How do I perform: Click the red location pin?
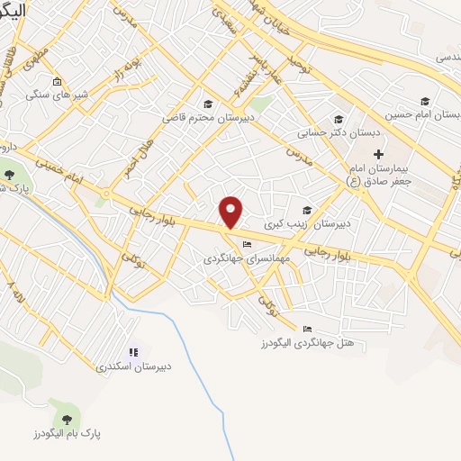tap(231, 212)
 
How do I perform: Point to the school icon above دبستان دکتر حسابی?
tap(338, 119)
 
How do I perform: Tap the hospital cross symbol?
tap(379, 156)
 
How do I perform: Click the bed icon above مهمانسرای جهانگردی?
tap(247, 244)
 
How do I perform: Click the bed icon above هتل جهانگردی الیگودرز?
tap(308, 329)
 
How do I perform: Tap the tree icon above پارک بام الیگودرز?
tap(66, 419)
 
